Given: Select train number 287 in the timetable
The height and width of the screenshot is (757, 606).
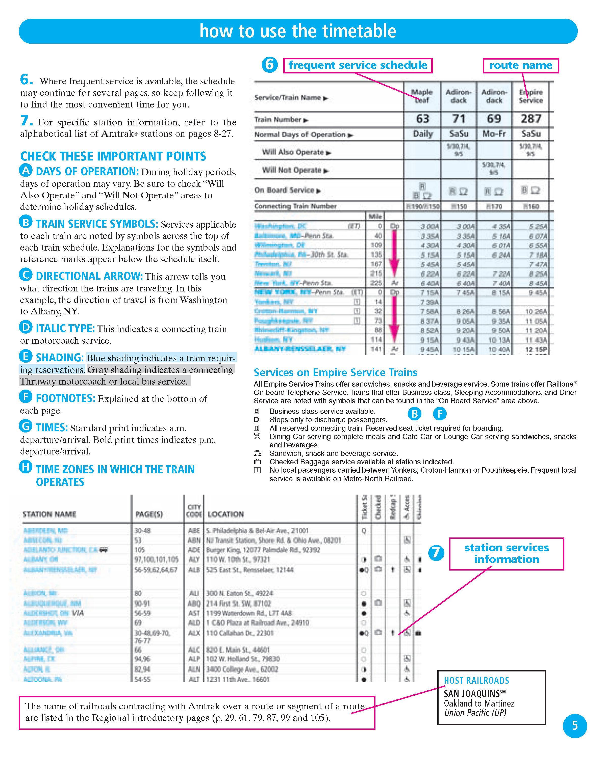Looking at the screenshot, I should click(x=531, y=119).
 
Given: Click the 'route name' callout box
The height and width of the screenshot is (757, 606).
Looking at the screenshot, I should click(x=521, y=65).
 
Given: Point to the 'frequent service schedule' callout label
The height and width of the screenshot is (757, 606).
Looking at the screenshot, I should click(x=358, y=65).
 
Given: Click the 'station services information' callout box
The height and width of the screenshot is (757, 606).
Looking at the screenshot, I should click(x=506, y=554).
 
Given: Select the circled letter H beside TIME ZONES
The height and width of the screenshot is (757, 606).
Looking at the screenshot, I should click(x=26, y=467).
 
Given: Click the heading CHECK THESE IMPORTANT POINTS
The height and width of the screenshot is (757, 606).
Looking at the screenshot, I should click(x=113, y=156).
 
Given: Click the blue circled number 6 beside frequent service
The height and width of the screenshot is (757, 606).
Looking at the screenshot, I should click(x=269, y=65).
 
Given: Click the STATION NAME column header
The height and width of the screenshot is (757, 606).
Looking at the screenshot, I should click(x=49, y=514).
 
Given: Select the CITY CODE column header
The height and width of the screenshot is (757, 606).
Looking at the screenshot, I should click(x=194, y=511).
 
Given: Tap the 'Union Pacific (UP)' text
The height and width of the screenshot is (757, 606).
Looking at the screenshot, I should click(x=475, y=713).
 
